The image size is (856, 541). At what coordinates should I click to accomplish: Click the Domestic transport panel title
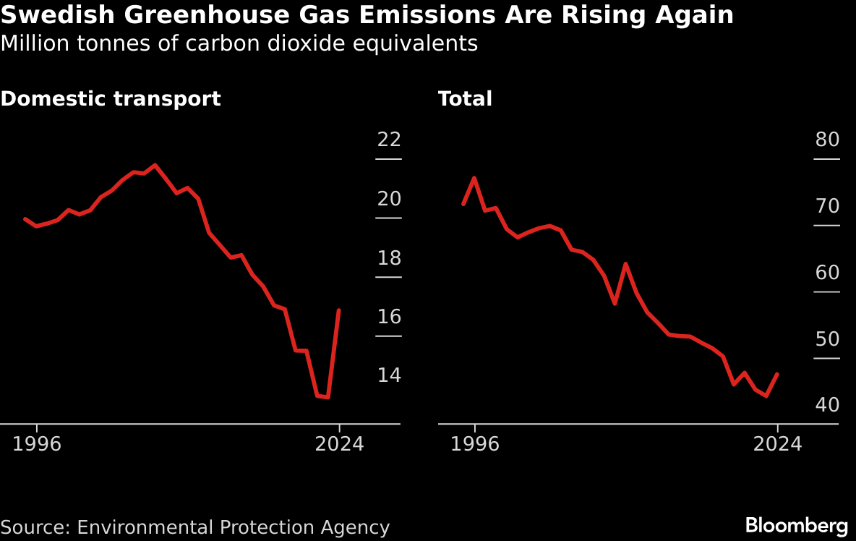(x=111, y=99)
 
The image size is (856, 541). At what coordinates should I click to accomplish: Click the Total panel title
(x=465, y=99)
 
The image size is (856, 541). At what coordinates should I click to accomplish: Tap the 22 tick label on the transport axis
(x=389, y=140)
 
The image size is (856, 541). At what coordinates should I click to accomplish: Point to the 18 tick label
(x=389, y=258)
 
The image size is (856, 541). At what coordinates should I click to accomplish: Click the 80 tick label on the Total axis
(x=827, y=140)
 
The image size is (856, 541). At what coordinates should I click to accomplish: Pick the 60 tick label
(x=827, y=273)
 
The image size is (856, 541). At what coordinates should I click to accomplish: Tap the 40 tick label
(x=827, y=405)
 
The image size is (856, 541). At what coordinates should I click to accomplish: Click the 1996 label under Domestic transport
(x=37, y=444)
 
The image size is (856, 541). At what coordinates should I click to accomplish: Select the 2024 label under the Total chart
(x=777, y=444)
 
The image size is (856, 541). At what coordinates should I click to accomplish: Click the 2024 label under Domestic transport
(x=339, y=444)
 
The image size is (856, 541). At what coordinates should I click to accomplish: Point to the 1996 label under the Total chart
(x=475, y=444)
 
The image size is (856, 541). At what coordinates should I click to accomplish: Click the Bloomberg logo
(x=796, y=525)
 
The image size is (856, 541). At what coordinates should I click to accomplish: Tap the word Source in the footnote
(x=34, y=527)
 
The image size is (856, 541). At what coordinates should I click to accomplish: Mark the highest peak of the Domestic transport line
(x=155, y=165)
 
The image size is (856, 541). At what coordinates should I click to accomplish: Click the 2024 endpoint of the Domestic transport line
(x=339, y=310)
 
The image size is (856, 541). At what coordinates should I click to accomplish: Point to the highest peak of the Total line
(x=474, y=178)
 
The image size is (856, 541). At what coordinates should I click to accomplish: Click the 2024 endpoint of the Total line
(x=777, y=374)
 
